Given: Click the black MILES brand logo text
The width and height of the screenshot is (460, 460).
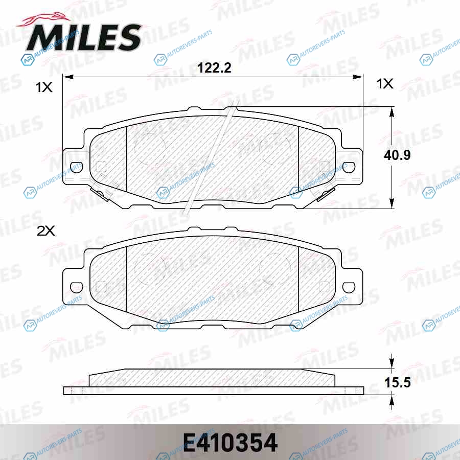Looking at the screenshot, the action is pos(84,37).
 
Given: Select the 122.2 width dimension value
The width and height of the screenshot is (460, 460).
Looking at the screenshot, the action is pos(214,68).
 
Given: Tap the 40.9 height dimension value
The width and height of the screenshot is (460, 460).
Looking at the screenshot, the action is pos(397,155).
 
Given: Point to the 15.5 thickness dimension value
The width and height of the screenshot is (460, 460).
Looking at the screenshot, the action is pos(397,382).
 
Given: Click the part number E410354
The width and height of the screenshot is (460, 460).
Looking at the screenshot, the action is pos(231,443).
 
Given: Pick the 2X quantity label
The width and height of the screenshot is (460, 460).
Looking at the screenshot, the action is pos(45,231).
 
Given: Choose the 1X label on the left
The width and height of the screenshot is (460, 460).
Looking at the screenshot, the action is pos(44,87).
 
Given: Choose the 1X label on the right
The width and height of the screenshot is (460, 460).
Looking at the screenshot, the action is pos(384,84).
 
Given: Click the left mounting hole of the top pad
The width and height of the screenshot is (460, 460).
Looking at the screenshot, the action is pos(77,167).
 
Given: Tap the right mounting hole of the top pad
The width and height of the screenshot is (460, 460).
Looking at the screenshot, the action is pos(349,167).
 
